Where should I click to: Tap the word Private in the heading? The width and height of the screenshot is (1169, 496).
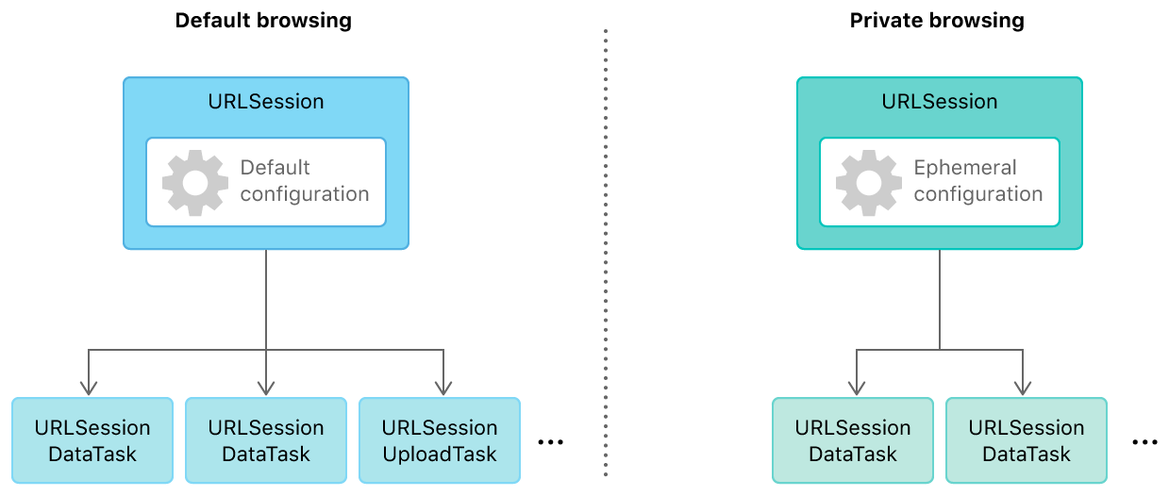884,20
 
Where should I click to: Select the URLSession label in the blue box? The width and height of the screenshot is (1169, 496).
265,101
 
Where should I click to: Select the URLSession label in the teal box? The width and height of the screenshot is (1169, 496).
939,101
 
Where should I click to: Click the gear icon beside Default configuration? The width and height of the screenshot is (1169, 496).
194,182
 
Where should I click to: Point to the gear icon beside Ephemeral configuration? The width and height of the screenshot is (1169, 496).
868,182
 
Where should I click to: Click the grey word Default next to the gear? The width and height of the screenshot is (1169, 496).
275,168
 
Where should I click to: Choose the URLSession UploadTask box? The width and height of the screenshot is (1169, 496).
439,440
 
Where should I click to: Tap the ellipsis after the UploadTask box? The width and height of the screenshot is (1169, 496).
550,441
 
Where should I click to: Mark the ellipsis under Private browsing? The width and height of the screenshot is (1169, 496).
1144,441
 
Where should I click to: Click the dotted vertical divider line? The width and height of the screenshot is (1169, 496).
605,255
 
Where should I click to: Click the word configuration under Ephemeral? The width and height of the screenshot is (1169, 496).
978,194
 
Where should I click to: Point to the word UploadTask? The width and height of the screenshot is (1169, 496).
439,454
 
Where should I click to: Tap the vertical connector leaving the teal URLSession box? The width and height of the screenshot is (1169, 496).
940,297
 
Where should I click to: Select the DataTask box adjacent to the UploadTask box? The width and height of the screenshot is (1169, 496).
266,440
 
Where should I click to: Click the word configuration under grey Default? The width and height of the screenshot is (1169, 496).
305,194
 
